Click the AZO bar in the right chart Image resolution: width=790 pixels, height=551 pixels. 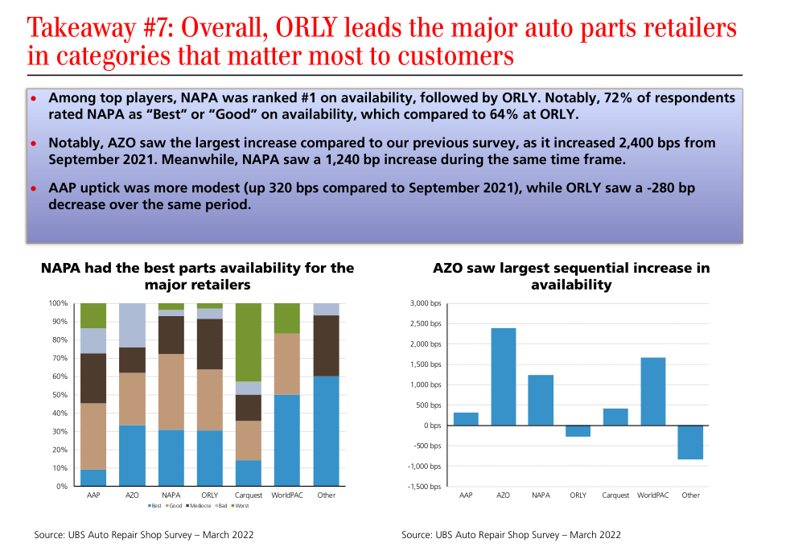pos(504,376)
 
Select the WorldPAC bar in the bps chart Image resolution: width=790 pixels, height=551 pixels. pos(653,391)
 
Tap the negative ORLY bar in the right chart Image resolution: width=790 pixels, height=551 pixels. pos(578,430)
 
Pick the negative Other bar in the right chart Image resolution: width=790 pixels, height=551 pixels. pos(690,442)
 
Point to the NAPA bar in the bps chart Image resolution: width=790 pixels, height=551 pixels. pos(541,400)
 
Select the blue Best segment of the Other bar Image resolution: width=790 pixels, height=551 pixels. pos(326,431)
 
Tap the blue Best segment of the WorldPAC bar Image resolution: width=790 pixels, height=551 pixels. pos(287,440)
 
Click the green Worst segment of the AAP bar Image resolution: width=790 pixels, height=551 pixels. pos(93,315)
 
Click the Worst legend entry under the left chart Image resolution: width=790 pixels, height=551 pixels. pos(241,505)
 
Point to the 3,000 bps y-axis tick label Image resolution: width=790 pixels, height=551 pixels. pos(426,303)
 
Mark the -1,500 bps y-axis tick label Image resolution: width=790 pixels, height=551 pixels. pos(424,487)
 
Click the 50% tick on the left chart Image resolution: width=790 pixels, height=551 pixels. pos(58,395)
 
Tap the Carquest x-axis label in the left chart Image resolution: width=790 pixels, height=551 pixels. pos(248,495)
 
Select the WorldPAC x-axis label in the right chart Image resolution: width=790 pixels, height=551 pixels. pos(652,495)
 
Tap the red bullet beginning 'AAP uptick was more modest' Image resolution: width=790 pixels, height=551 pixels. pos(34,189)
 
